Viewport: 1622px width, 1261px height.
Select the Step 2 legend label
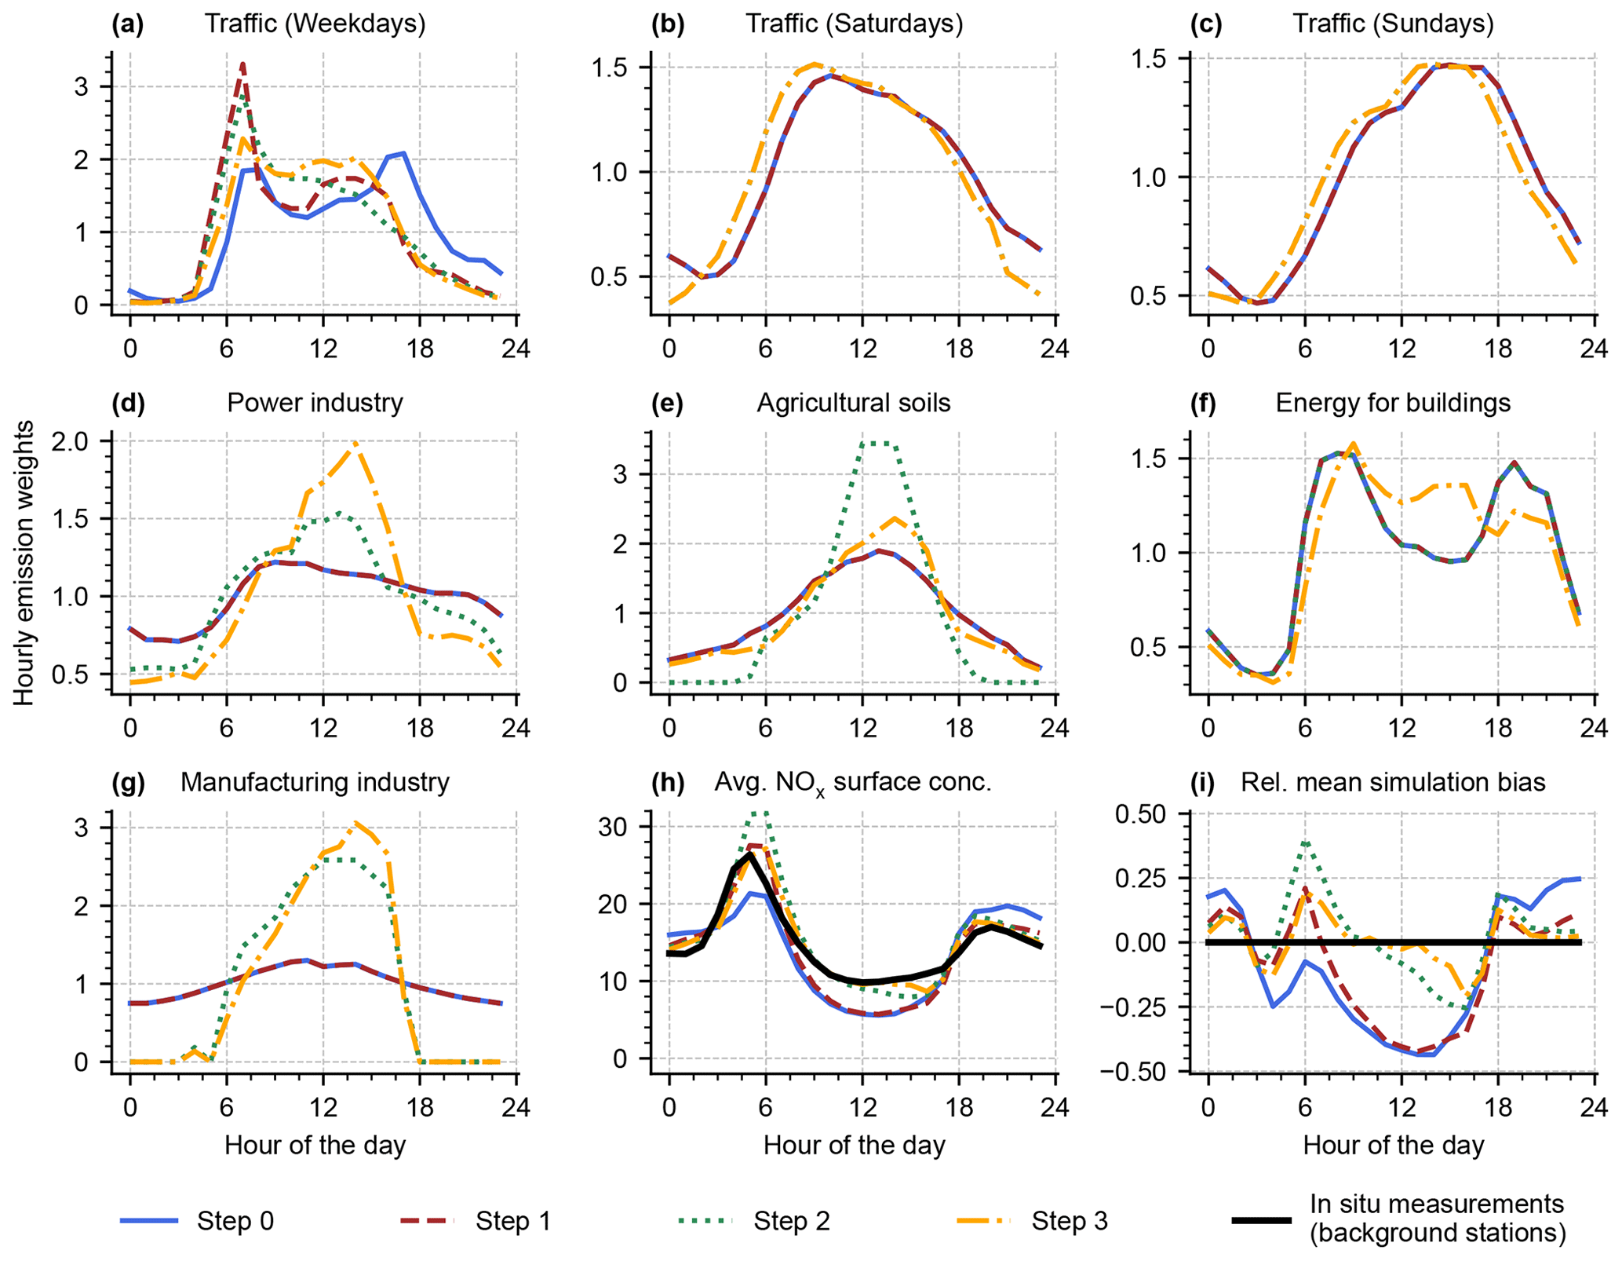point(791,1220)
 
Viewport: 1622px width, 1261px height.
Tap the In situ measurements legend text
point(1437,1219)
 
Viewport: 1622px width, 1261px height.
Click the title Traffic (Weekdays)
point(315,24)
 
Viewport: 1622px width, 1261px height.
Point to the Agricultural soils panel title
point(853,403)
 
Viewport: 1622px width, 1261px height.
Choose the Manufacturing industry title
point(315,782)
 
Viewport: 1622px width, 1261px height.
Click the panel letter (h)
point(668,782)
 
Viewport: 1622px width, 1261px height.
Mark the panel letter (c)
point(1206,24)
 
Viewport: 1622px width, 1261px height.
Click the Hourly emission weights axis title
point(24,562)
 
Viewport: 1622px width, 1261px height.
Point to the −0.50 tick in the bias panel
point(1144,1071)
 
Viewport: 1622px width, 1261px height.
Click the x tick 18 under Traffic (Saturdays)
point(959,348)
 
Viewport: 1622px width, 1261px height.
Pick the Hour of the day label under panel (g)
point(315,1145)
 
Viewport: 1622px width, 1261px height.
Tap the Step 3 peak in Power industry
point(355,442)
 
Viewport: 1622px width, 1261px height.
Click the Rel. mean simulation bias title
point(1393,782)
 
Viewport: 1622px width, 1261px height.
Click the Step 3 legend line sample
point(986,1220)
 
